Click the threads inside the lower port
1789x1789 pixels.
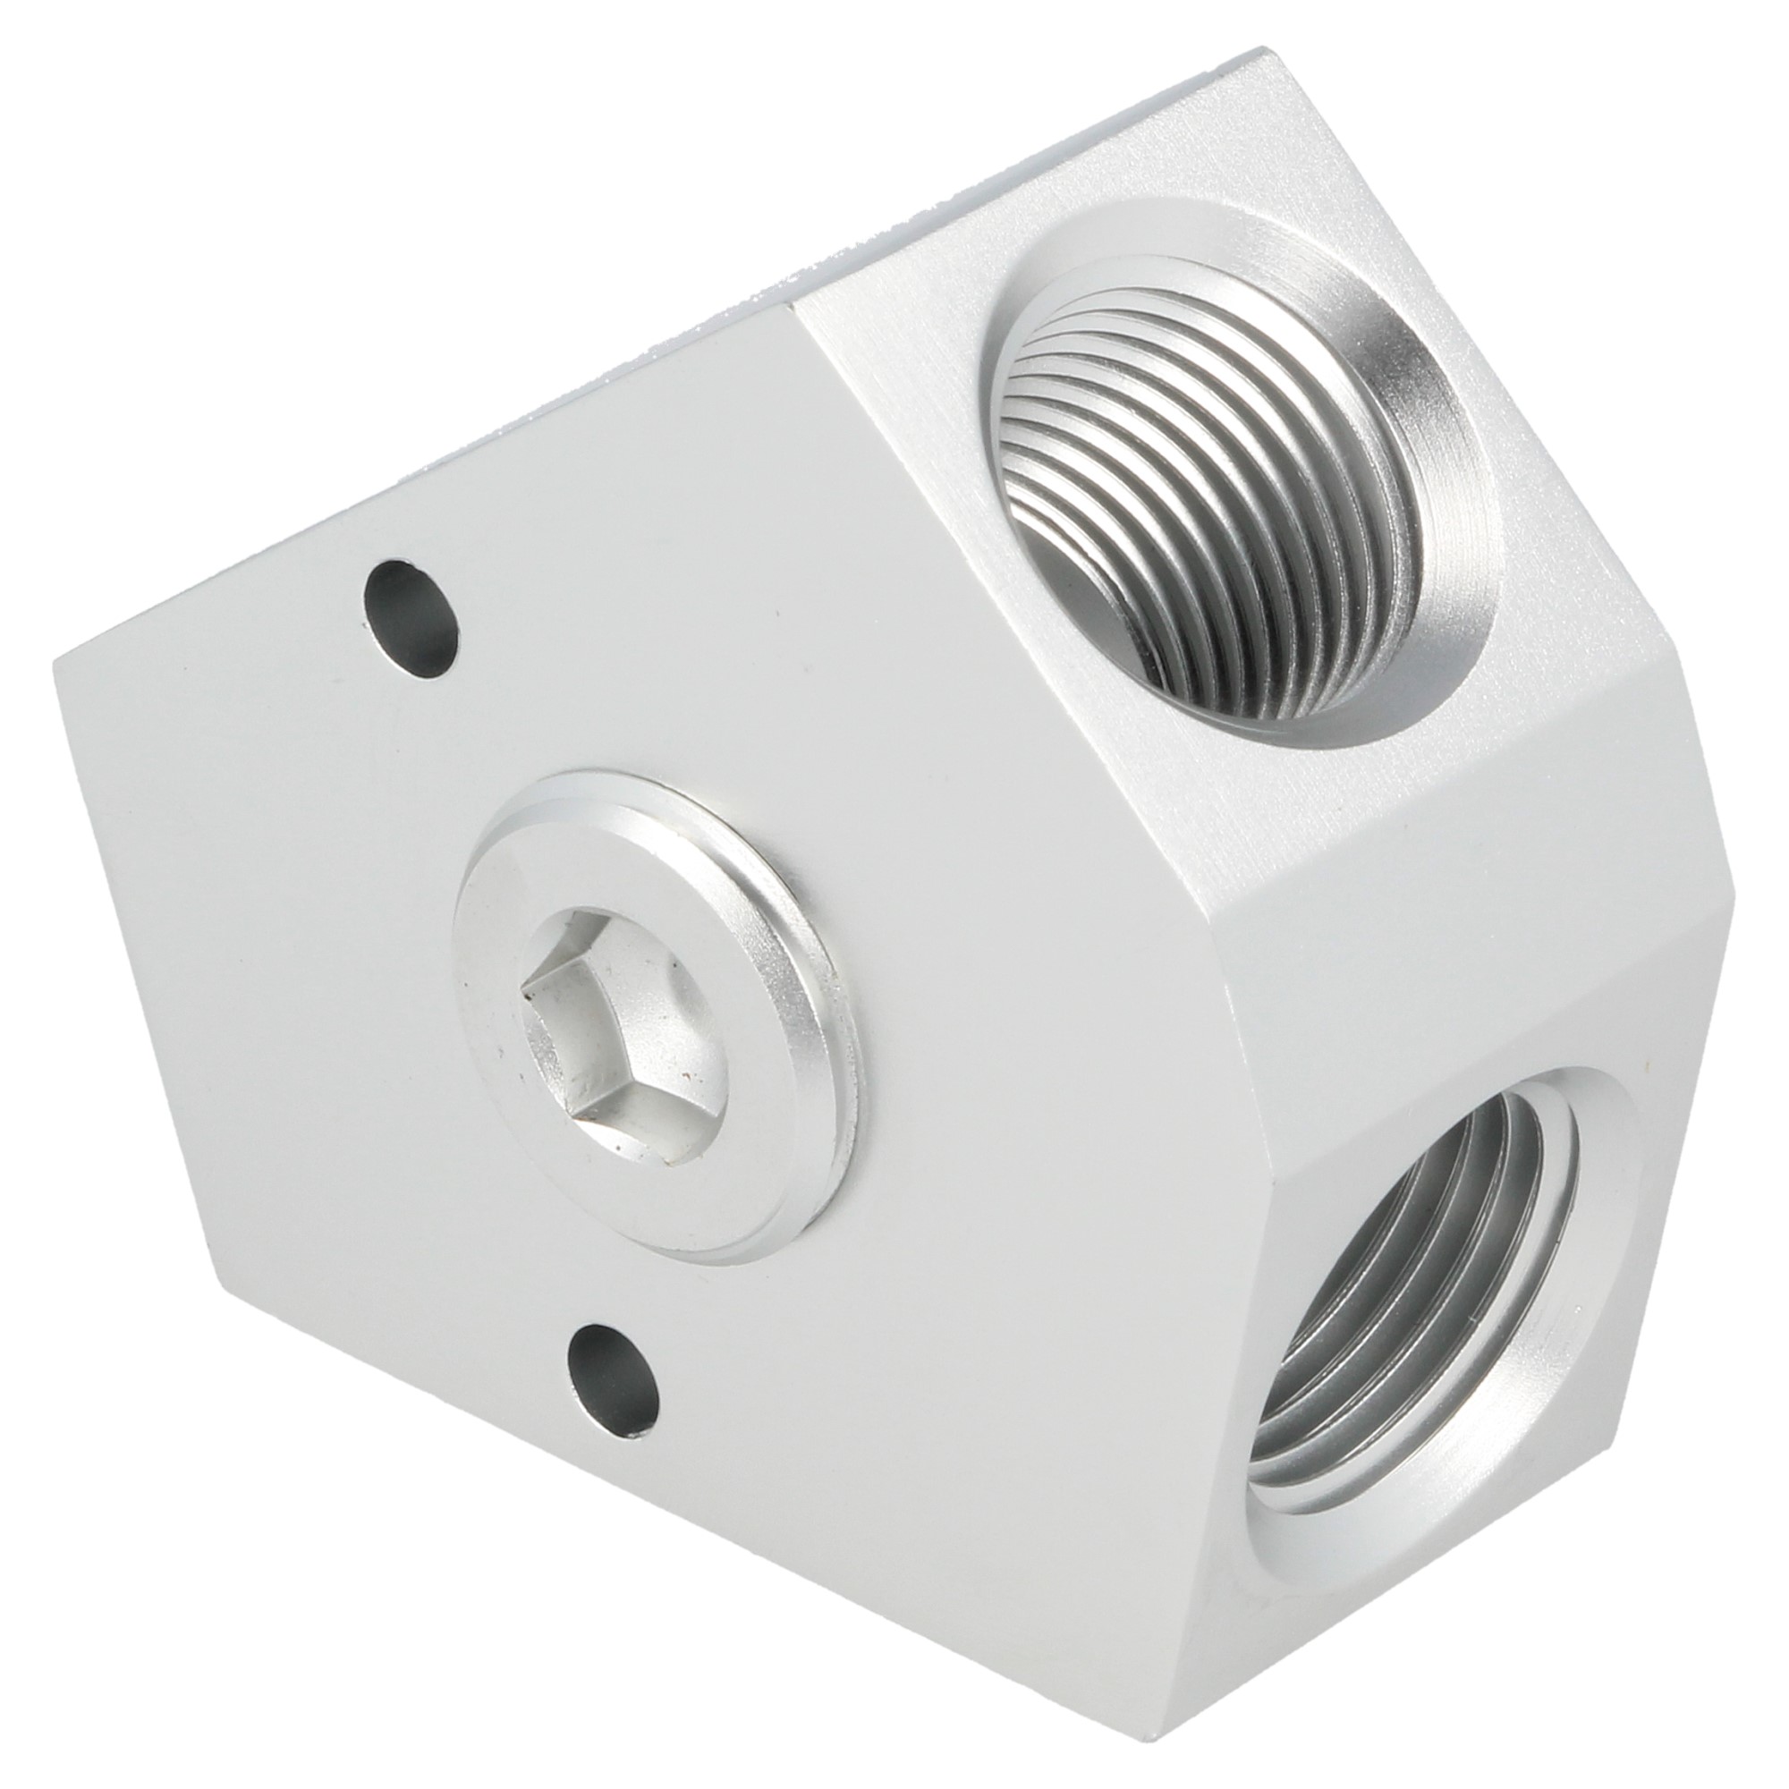pos(1389,1296)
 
